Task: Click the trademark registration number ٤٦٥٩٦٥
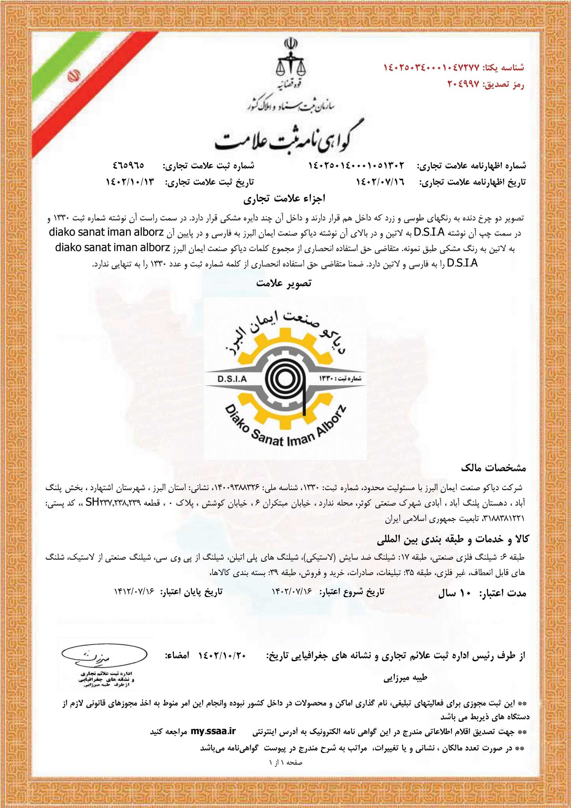pyautogui.click(x=128, y=165)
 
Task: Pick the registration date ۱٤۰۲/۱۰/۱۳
pyautogui.click(x=130, y=182)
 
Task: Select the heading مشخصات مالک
pyautogui.click(x=493, y=468)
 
